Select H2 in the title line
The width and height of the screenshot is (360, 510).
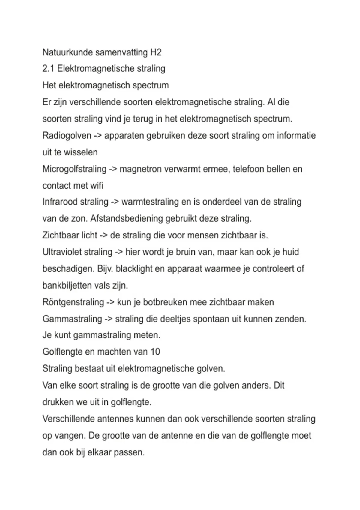tap(155, 52)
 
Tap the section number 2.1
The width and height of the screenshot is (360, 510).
tap(48, 69)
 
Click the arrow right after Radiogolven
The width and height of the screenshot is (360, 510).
tap(98, 136)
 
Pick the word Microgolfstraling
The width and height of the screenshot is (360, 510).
tap(74, 169)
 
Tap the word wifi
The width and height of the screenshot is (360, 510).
tap(97, 186)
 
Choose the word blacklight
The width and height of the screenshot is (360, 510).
tap(134, 269)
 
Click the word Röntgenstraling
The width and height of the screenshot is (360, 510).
tap(73, 302)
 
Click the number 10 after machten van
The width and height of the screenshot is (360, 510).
tap(155, 352)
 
